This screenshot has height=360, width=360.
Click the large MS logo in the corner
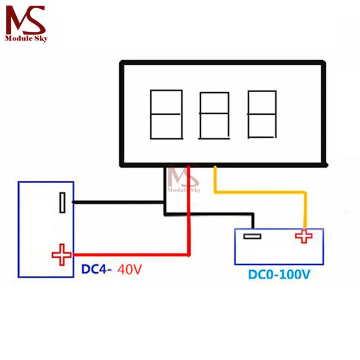click(26, 20)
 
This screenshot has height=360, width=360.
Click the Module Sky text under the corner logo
click(26, 38)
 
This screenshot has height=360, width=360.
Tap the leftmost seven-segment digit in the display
click(166, 114)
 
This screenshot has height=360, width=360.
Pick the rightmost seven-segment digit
click(262, 114)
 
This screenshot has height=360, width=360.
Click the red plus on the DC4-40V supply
click(62, 255)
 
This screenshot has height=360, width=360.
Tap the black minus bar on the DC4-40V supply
click(62, 202)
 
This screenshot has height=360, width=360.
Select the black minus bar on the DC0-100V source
click(252, 236)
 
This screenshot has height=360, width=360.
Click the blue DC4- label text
click(96, 269)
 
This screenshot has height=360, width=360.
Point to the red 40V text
click(130, 269)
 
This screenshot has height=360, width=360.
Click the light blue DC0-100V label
click(279, 274)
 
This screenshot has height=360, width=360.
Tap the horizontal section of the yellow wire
click(260, 192)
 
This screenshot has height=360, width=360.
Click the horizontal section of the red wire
click(131, 255)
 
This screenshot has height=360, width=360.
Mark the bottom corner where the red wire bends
click(189, 255)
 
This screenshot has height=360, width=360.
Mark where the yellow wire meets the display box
click(215, 166)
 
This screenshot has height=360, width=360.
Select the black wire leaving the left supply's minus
click(119, 202)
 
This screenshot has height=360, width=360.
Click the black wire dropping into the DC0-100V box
click(253, 221)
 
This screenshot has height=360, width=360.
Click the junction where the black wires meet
click(165, 202)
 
